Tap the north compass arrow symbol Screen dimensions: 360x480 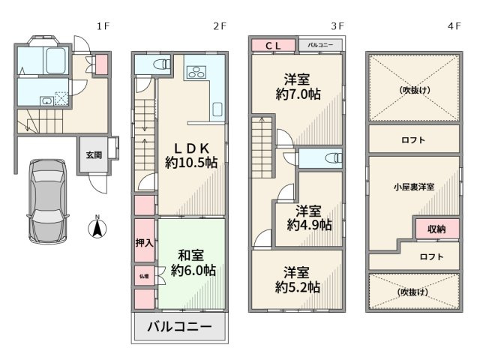[x=97, y=228]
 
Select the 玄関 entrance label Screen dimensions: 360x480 [x=93, y=155]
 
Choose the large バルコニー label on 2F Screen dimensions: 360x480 [x=179, y=327]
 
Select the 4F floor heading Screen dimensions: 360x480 [x=454, y=25]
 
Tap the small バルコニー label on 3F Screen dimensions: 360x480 [x=322, y=46]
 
